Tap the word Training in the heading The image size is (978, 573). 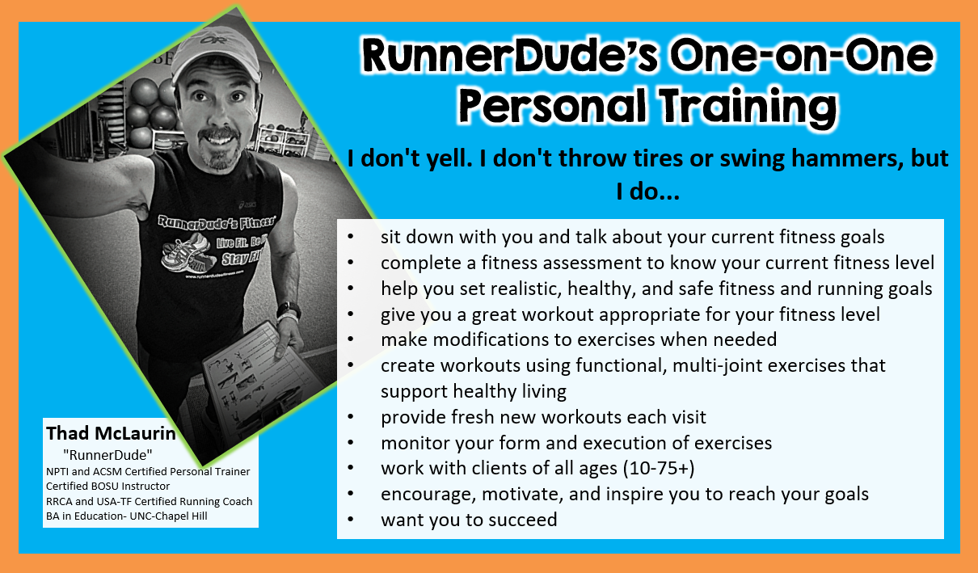pyautogui.click(x=748, y=107)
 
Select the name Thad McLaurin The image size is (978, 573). pyautogui.click(x=111, y=433)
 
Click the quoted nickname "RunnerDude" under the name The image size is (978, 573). pyautogui.click(x=107, y=455)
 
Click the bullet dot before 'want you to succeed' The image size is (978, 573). pyautogui.click(x=351, y=520)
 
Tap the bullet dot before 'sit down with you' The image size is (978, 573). pyautogui.click(x=351, y=237)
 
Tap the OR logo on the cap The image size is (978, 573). pyautogui.click(x=214, y=40)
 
